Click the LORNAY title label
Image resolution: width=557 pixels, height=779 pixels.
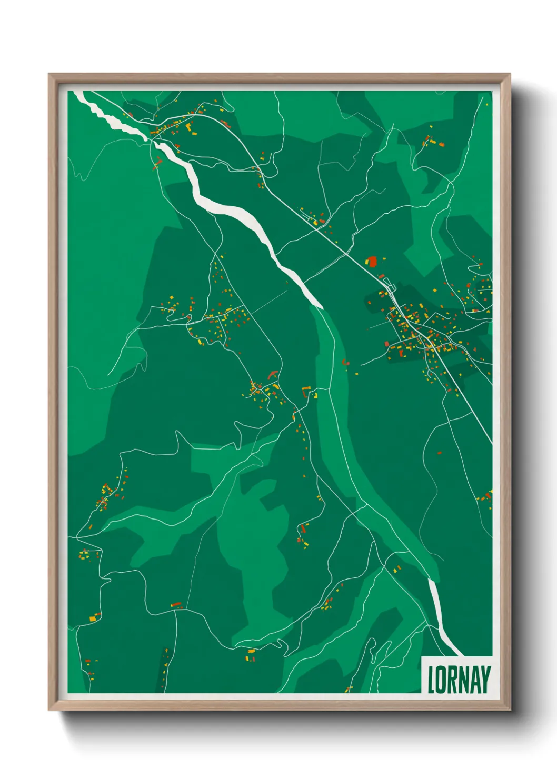458,679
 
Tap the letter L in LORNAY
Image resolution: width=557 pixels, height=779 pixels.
431,680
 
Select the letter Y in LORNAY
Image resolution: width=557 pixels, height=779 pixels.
485,680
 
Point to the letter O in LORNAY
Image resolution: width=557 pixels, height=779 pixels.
441,680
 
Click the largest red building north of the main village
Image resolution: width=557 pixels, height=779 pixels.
373,261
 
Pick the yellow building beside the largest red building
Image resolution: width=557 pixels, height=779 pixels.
367,262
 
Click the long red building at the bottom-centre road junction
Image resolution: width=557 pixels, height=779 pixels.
176,604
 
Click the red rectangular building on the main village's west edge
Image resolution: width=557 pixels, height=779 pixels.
386,344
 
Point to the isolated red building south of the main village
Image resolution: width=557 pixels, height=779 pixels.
440,452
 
